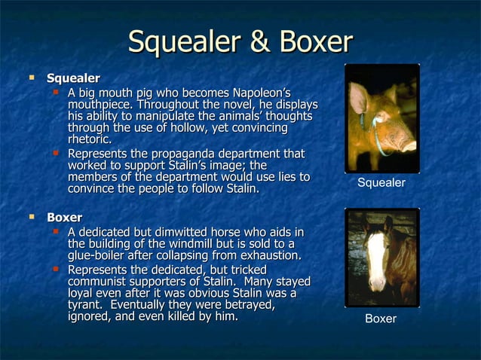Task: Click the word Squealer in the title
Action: [x=189, y=42]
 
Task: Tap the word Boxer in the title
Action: [x=316, y=42]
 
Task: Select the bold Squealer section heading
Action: [x=73, y=78]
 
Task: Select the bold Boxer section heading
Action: [x=64, y=218]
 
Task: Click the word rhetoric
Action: [x=90, y=140]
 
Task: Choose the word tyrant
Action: [x=87, y=304]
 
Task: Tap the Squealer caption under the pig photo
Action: [x=381, y=183]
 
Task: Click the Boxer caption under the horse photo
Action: [x=381, y=319]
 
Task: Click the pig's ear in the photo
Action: [x=361, y=96]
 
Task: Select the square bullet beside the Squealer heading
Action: [x=32, y=78]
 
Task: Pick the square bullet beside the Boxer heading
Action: [x=32, y=218]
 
